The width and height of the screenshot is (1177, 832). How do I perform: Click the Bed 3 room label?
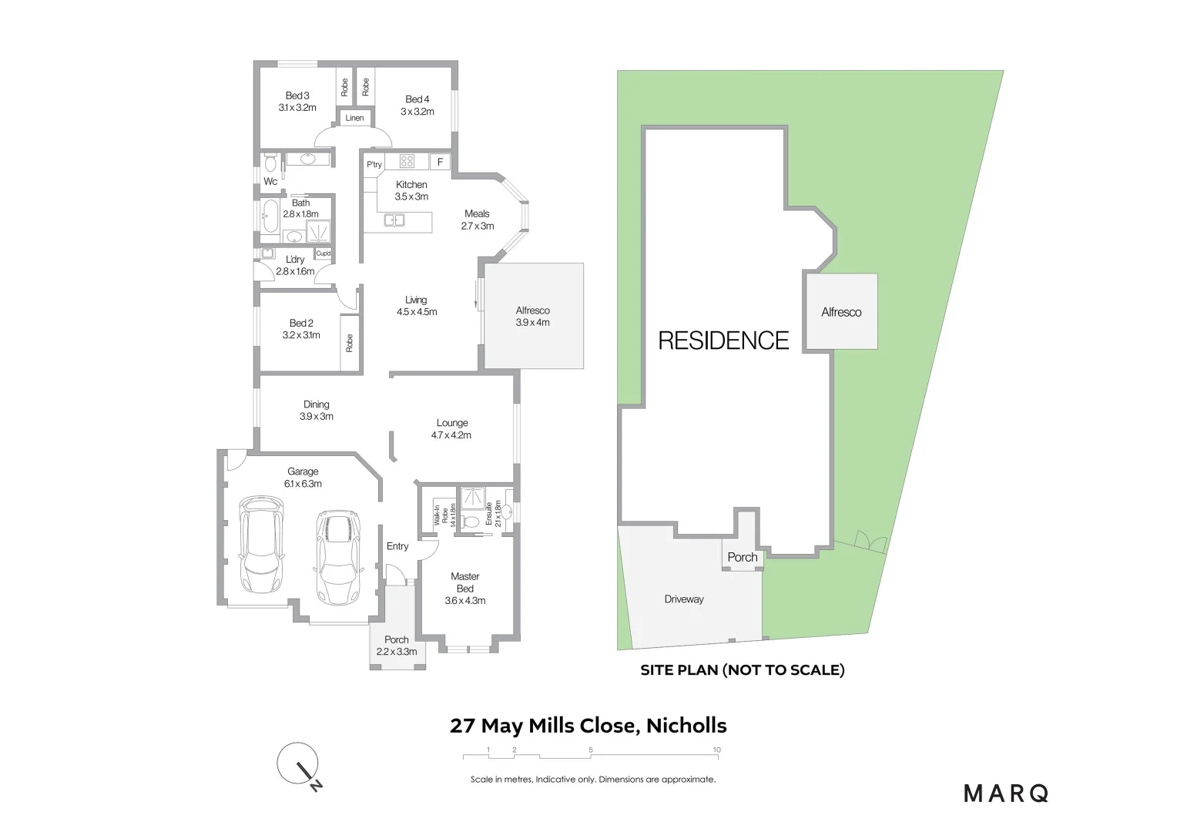click(x=297, y=102)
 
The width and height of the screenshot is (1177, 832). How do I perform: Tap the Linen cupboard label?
click(x=354, y=118)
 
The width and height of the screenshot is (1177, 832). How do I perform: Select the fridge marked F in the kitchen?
click(x=440, y=162)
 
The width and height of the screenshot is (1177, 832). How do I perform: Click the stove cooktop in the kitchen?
click(x=407, y=162)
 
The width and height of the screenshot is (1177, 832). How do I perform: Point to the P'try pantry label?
click(x=374, y=165)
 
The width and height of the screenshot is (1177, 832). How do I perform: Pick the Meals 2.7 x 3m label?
click(x=478, y=220)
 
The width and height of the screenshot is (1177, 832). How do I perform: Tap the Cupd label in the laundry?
click(x=324, y=253)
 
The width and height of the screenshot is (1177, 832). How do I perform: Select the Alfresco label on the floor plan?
click(x=533, y=317)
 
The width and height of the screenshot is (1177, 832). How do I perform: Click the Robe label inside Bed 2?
click(x=350, y=344)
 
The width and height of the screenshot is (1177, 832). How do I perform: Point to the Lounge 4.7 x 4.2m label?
click(x=452, y=429)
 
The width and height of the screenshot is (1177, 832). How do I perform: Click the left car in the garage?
click(x=261, y=545)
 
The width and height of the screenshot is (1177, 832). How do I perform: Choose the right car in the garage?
click(x=338, y=556)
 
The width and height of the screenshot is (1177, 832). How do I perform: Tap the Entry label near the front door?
click(x=397, y=546)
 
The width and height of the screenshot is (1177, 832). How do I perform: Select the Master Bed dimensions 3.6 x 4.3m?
click(x=465, y=601)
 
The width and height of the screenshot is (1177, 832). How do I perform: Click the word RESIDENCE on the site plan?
click(x=723, y=341)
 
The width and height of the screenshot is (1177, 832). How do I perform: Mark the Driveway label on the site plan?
click(x=684, y=599)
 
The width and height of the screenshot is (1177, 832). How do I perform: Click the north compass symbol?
click(x=299, y=765)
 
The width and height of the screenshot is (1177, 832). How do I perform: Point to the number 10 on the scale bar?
click(x=716, y=750)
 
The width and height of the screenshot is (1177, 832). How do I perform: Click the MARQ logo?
click(x=1006, y=793)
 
